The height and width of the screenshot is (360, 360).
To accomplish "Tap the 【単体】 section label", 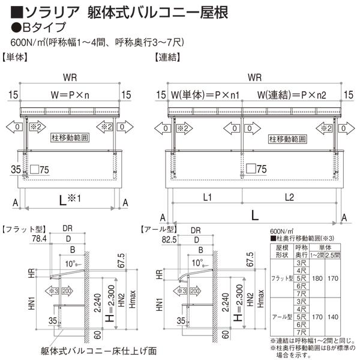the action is click(16, 58).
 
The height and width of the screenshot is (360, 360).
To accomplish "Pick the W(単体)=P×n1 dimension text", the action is click(205, 94).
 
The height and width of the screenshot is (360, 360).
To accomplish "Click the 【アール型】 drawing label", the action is click(157, 229).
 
